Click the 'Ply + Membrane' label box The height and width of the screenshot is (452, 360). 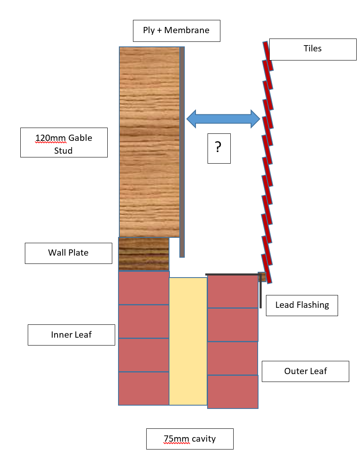[176, 31]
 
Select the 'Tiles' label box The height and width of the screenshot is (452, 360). [313, 49]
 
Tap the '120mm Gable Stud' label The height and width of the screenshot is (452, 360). [64, 143]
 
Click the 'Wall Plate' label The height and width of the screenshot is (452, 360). [69, 253]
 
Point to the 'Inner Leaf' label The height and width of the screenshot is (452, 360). [72, 335]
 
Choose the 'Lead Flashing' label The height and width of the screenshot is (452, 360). [302, 306]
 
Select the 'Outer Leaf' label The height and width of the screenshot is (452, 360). [306, 371]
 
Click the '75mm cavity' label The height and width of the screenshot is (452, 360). [190, 439]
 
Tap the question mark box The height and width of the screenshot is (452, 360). [219, 148]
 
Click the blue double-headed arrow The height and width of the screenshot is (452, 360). [223, 119]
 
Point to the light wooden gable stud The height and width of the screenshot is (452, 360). [149, 142]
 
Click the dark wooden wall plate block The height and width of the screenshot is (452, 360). [144, 254]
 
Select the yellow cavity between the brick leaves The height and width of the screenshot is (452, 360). [188, 341]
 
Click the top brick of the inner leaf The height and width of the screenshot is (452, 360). [144, 288]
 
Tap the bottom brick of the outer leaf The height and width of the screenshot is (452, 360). [232, 392]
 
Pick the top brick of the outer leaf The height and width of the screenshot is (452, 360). [232, 291]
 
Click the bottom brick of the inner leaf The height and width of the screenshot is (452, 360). [144, 389]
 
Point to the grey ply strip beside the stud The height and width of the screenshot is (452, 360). [182, 152]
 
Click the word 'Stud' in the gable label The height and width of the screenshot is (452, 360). [63, 150]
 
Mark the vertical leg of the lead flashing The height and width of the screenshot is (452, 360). [261, 291]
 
